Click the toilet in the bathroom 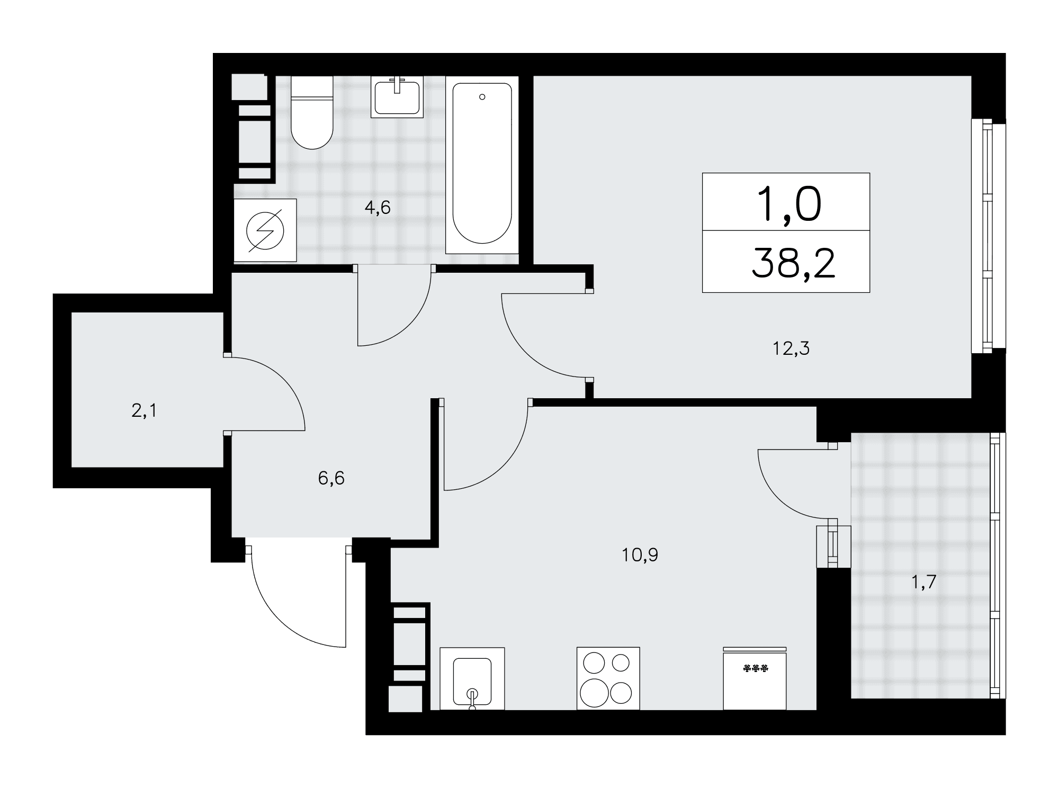(x=312, y=112)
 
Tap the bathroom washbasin (x=397, y=97)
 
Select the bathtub (x=482, y=165)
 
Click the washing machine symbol (x=265, y=230)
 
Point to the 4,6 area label (x=378, y=208)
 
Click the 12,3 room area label (x=791, y=348)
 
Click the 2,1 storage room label (x=144, y=410)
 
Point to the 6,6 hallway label (x=331, y=478)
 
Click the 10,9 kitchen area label (x=640, y=555)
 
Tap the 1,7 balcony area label (x=924, y=582)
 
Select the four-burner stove (x=608, y=678)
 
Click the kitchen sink (x=472, y=678)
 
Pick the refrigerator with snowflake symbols (x=755, y=678)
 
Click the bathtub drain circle (x=482, y=97)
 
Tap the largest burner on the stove (x=594, y=693)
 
